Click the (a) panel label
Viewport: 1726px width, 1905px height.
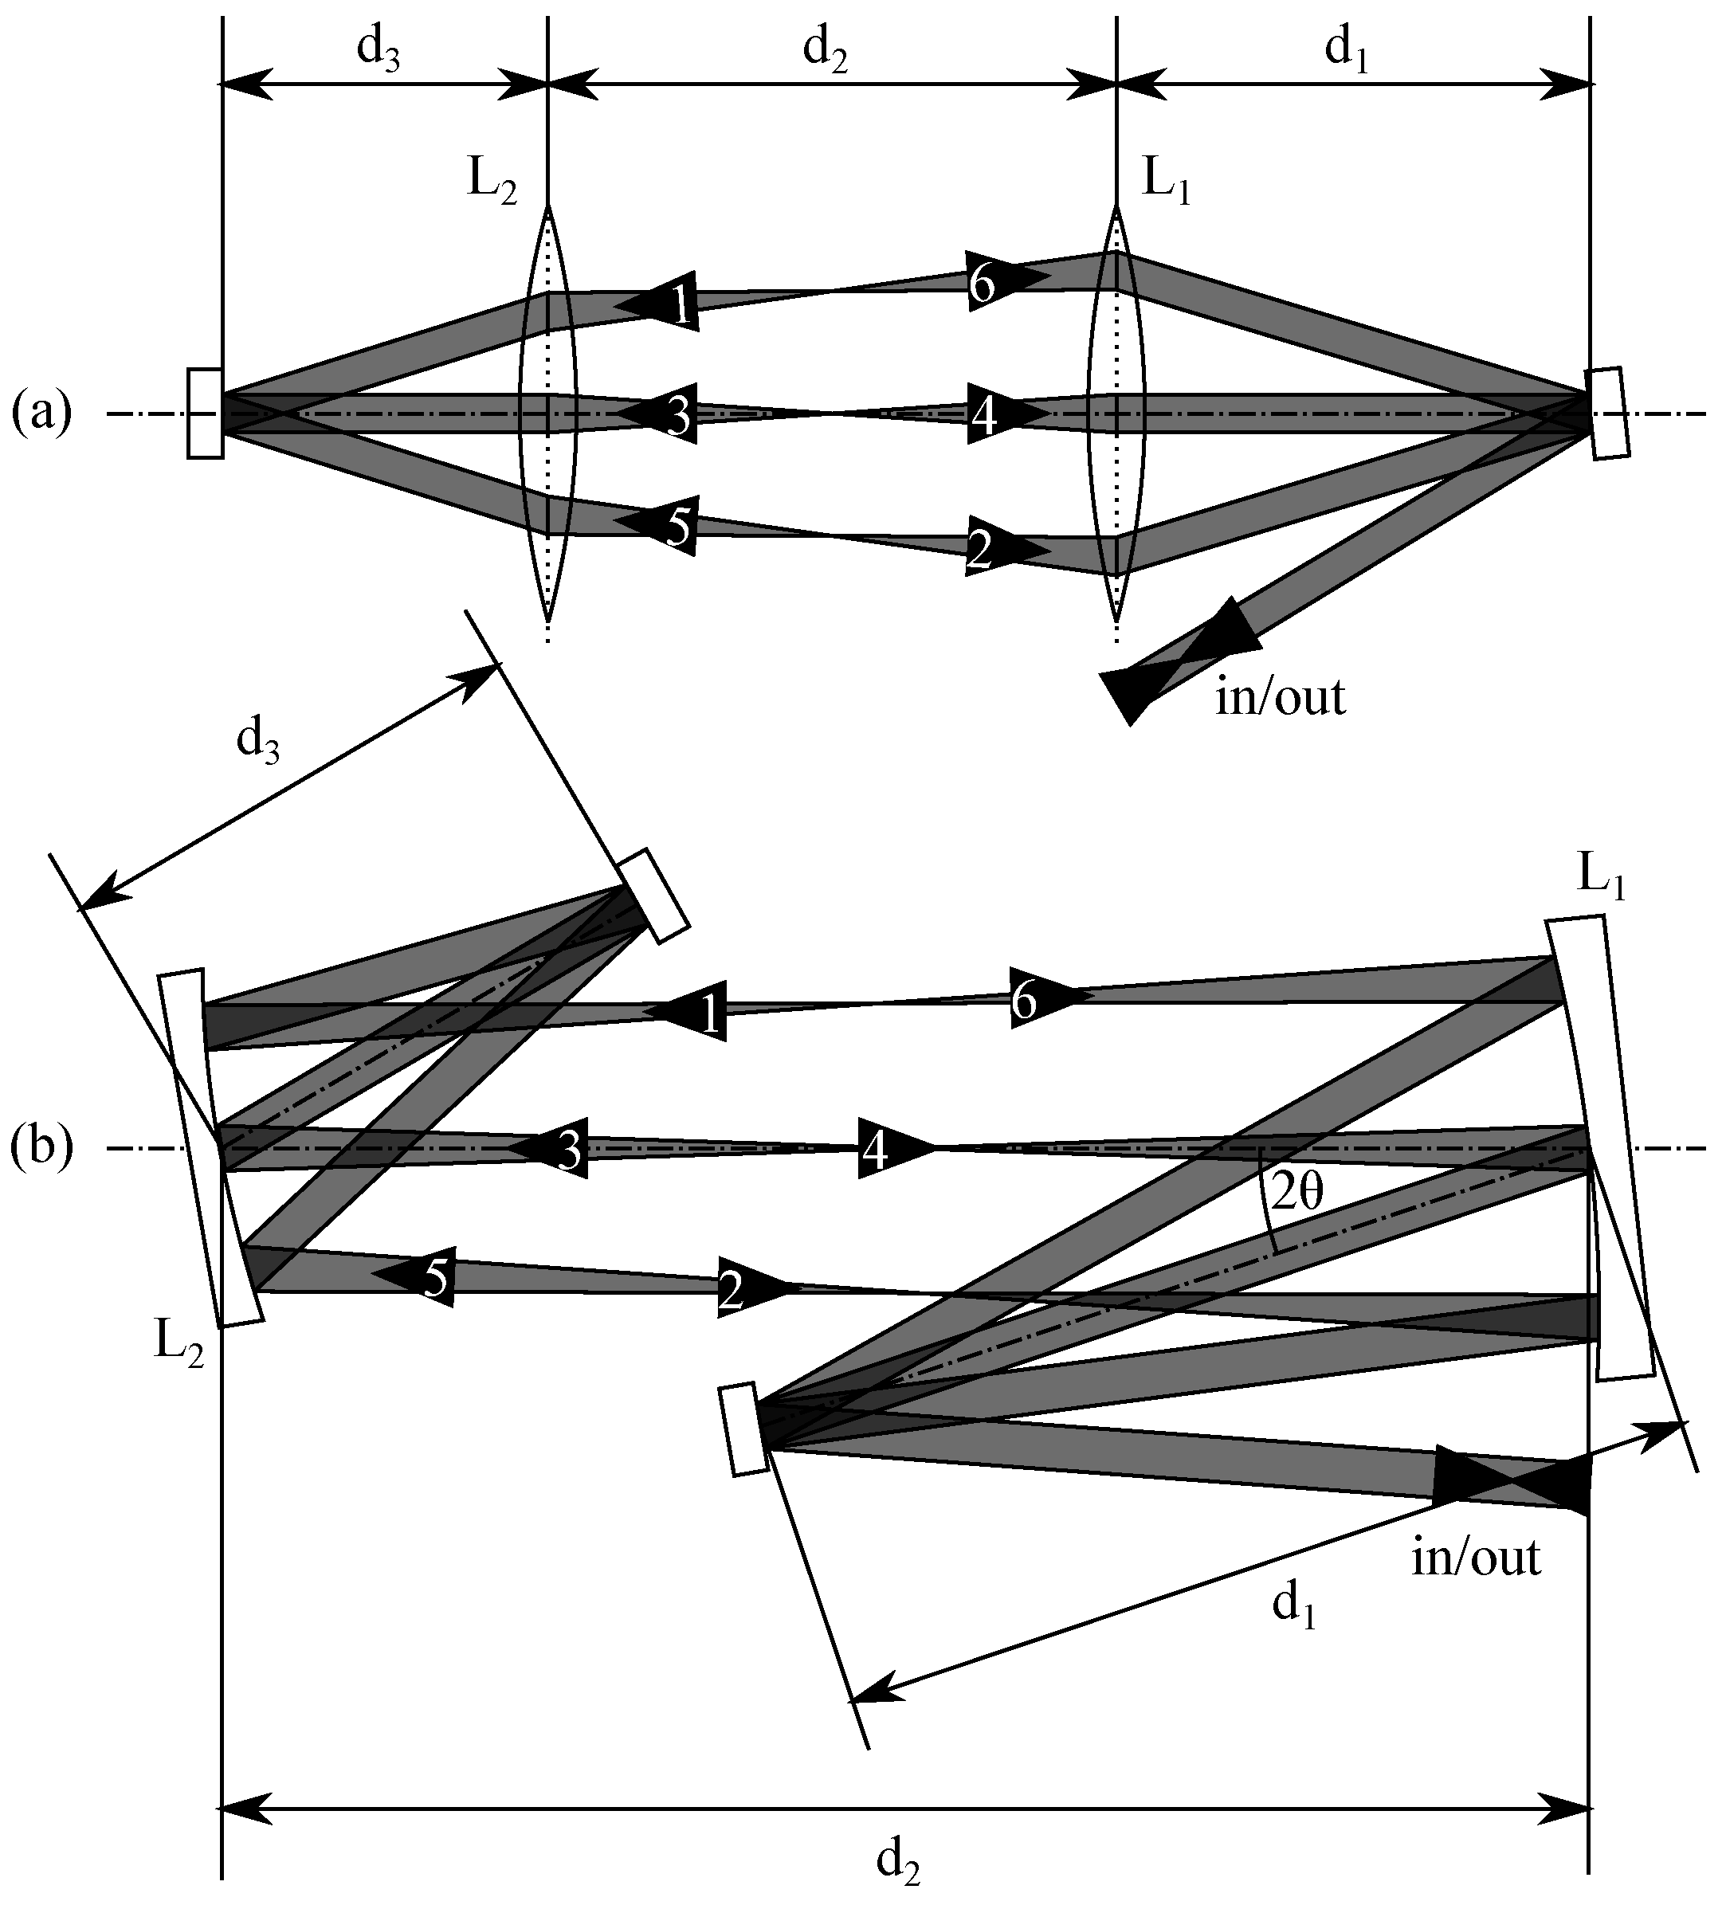click(41, 414)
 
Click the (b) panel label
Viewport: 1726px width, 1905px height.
click(41, 1148)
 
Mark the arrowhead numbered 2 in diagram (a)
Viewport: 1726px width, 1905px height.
click(1004, 551)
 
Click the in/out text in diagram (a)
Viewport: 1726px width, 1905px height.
click(1280, 697)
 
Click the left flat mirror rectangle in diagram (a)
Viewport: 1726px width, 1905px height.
click(205, 414)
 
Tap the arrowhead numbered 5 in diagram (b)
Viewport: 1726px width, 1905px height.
click(416, 1276)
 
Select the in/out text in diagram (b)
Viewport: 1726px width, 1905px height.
click(1476, 1556)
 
